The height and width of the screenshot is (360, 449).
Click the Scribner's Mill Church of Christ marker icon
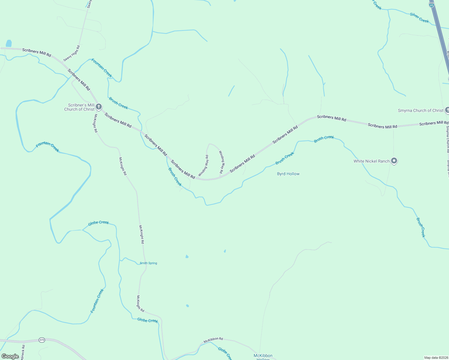[98, 106]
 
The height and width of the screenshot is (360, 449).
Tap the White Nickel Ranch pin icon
[394, 161]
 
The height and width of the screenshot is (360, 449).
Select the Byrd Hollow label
[288, 174]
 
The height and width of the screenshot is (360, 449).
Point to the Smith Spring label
[148, 263]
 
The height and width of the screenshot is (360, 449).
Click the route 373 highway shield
[42, 340]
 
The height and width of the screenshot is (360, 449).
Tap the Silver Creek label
[419, 18]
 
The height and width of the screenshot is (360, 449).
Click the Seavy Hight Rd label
[72, 53]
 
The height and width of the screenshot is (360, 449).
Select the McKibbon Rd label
[213, 340]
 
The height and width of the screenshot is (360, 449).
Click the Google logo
[10, 356]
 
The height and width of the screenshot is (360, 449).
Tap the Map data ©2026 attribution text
[436, 358]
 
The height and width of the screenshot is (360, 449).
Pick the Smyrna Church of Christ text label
[420, 110]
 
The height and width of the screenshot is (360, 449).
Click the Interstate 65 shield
[431, 5]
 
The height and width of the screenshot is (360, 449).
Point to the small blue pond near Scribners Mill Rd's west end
[9, 43]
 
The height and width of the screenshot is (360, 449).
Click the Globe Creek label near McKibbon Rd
[224, 353]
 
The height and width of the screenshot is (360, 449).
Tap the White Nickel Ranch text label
[371, 161]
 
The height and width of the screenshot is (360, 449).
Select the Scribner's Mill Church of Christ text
[80, 107]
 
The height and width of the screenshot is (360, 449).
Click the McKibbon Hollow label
[263, 357]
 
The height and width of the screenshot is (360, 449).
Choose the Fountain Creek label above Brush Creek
[102, 68]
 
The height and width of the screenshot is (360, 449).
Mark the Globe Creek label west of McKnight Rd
[98, 223]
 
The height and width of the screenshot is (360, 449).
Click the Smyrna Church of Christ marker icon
[447, 110]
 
